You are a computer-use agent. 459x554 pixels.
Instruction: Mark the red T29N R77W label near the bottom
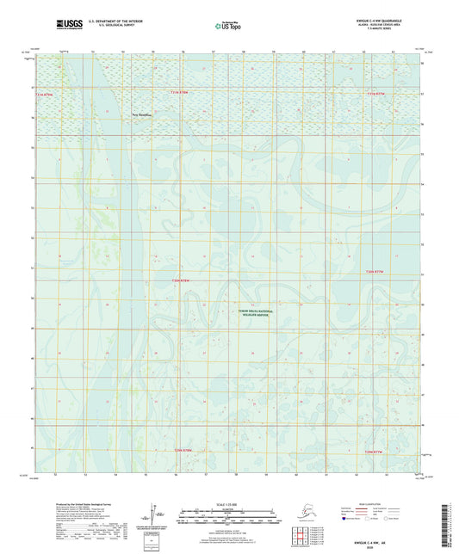[x=376, y=450]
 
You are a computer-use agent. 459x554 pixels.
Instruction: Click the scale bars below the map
[x=228, y=515]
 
